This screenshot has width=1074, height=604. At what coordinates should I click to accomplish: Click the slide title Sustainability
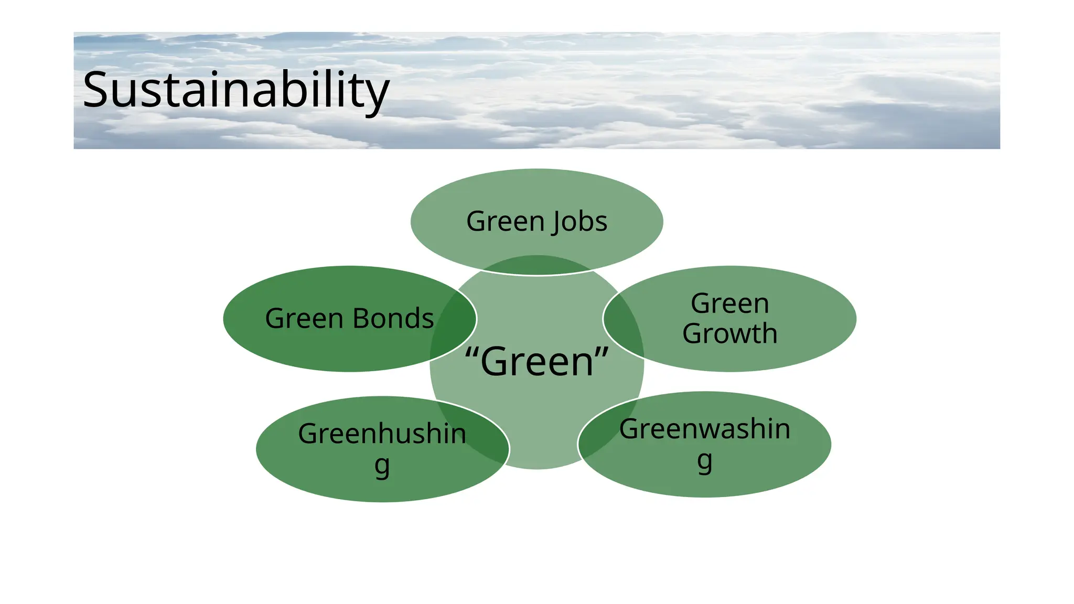[236, 90]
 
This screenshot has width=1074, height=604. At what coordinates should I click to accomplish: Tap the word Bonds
[393, 319]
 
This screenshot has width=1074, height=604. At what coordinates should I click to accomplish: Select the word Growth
[729, 334]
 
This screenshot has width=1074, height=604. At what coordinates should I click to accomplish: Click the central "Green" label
[537, 362]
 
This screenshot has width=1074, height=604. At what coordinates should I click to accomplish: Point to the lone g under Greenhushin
[382, 465]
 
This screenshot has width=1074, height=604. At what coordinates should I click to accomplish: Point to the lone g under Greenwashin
[704, 461]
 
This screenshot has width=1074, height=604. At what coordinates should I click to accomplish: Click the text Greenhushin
[382, 434]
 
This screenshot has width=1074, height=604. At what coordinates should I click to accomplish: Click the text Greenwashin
[704, 429]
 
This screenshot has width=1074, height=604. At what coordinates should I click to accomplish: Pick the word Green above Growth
[729, 304]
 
